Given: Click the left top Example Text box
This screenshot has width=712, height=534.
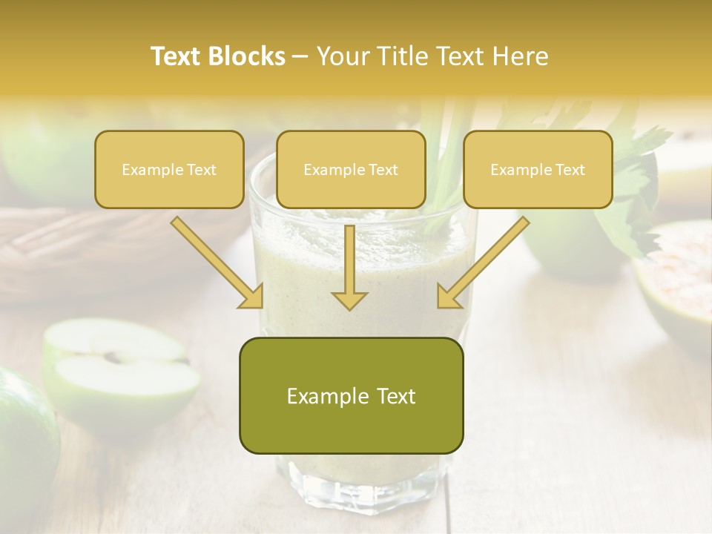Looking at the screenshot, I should (169, 170).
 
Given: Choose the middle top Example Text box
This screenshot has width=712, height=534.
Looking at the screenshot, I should (351, 170).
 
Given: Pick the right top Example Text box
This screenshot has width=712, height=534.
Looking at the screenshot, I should (538, 170).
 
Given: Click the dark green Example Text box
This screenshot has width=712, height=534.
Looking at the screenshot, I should (351, 396).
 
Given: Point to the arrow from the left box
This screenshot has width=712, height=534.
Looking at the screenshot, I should (219, 263).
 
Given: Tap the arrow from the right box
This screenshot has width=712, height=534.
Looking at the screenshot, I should (482, 263).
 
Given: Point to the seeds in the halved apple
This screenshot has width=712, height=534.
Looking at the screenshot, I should (119, 357).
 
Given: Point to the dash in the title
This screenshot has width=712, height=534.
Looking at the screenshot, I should (301, 56).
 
